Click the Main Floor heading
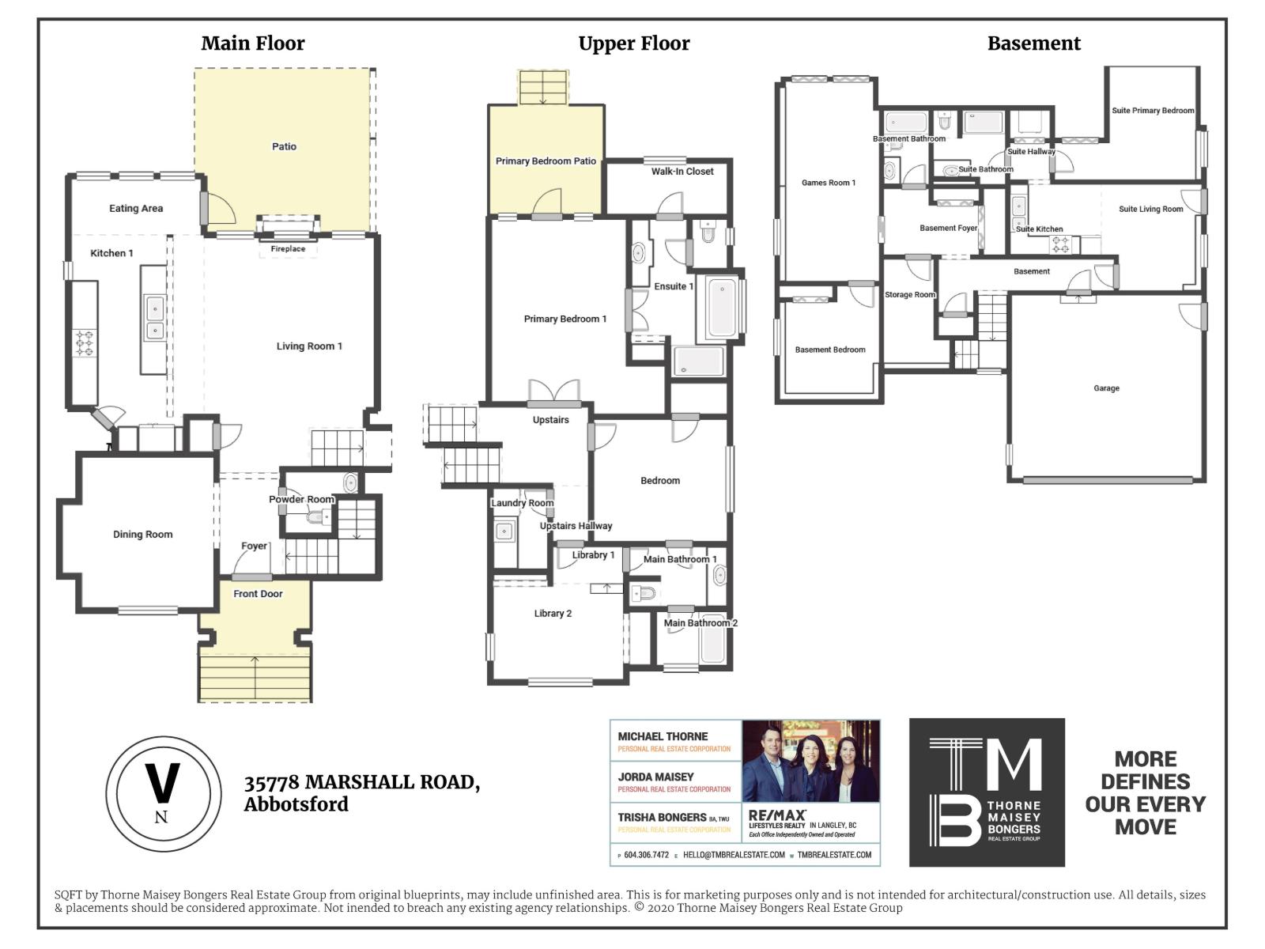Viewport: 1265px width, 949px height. [252, 43]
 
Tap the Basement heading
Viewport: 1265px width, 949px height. [1033, 43]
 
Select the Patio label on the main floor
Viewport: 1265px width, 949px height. [284, 146]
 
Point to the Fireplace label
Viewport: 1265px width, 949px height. [288, 248]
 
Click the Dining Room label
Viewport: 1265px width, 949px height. [142, 535]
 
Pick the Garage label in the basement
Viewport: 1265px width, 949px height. [1106, 388]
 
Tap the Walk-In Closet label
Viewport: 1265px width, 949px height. [682, 171]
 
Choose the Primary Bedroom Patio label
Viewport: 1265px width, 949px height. [546, 161]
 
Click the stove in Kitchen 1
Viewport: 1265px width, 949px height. [84, 342]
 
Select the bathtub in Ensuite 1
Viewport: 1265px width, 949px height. [721, 307]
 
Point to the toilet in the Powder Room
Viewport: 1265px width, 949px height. [317, 517]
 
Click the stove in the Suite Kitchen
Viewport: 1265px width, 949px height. [1059, 244]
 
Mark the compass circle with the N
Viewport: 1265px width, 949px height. [163, 793]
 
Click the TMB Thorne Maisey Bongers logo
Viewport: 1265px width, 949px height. [987, 792]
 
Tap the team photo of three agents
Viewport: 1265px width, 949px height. [810, 761]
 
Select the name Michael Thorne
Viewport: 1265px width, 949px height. [663, 736]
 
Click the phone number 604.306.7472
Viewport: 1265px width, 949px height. [646, 855]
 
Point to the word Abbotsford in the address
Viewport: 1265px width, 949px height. [296, 804]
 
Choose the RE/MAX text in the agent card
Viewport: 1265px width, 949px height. [777, 815]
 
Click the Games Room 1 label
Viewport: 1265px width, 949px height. [828, 183]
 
